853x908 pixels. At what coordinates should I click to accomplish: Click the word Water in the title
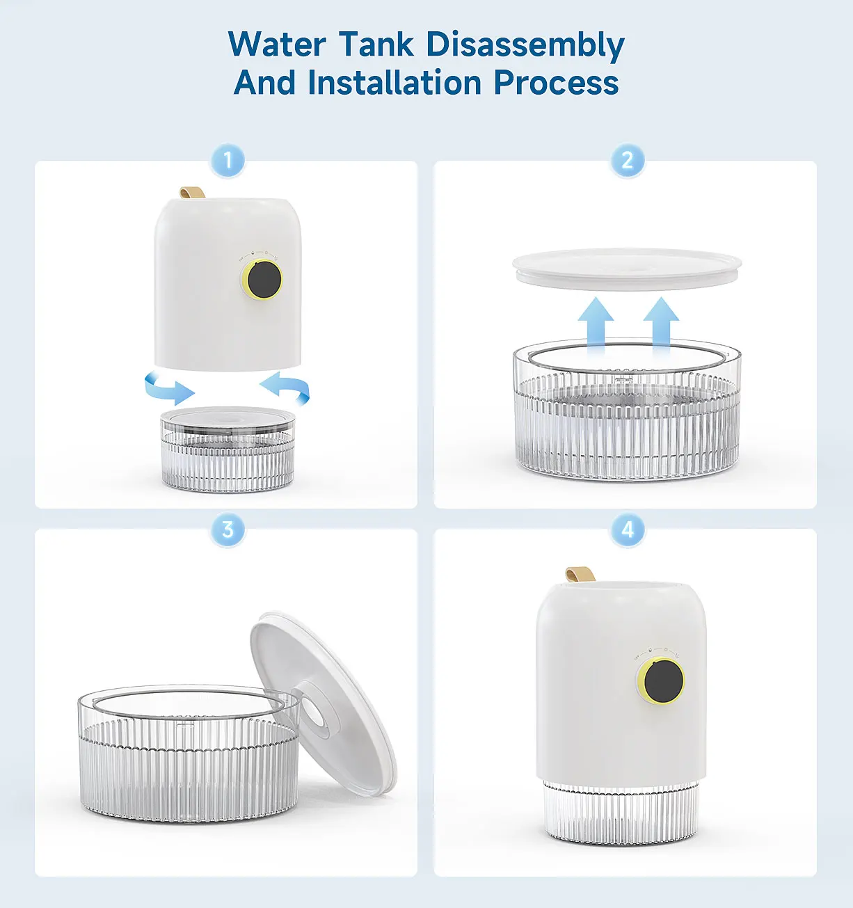click(x=277, y=44)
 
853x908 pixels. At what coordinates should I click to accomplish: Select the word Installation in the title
click(x=394, y=82)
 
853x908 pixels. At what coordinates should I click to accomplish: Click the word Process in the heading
click(x=556, y=83)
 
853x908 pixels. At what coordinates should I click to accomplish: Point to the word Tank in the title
click(x=376, y=44)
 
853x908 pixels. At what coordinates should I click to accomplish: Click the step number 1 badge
click(x=228, y=161)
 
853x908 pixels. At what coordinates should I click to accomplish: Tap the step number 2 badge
click(x=628, y=161)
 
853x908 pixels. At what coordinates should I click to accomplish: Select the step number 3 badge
click(x=228, y=529)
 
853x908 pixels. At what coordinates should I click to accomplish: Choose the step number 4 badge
click(x=628, y=529)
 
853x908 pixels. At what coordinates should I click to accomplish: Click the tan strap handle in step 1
click(x=191, y=193)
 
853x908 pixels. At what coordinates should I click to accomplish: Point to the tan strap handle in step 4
click(x=580, y=574)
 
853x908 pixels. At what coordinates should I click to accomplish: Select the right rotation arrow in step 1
click(x=286, y=388)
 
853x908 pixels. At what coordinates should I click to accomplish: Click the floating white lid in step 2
click(x=627, y=269)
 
